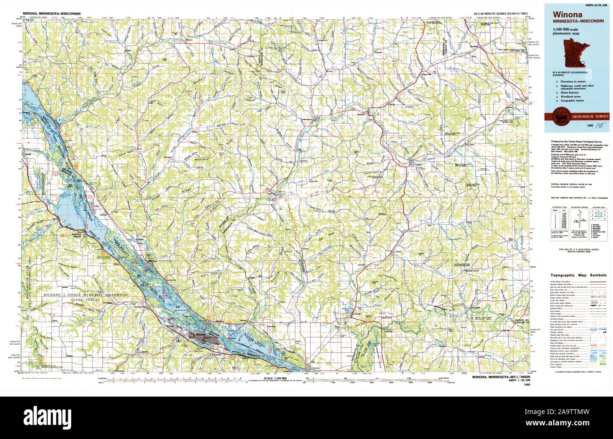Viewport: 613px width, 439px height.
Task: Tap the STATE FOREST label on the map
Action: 85,300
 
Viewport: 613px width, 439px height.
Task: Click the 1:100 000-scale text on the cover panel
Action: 564,30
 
